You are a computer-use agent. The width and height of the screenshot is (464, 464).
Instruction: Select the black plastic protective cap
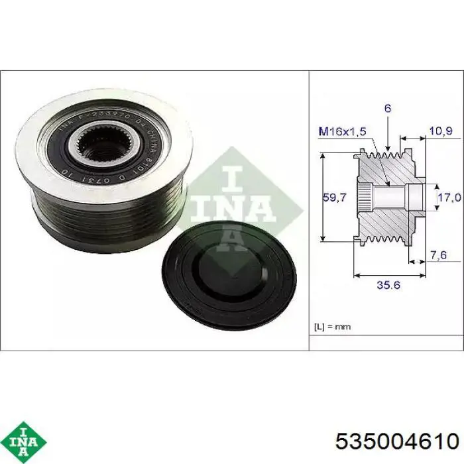(229, 272)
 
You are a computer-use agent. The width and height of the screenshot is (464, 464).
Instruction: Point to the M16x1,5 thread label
(343, 132)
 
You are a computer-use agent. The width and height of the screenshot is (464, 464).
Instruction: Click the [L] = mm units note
(332, 326)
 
